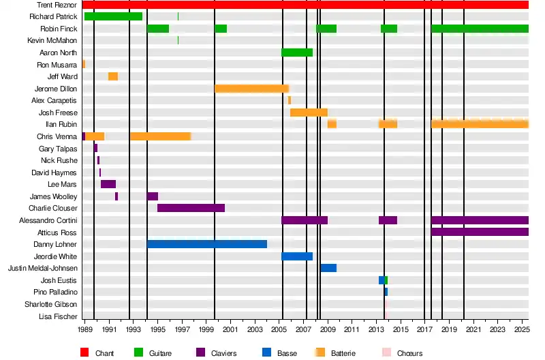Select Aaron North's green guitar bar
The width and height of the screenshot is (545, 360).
point(297,52)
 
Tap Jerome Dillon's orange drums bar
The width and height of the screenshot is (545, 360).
point(251,89)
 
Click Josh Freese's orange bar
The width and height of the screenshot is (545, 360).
point(309,112)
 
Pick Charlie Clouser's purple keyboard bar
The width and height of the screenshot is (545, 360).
point(191,208)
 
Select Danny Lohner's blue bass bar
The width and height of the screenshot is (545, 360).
point(207,244)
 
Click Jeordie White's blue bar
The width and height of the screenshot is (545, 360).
point(297,256)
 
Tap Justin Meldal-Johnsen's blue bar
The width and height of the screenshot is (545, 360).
point(328,268)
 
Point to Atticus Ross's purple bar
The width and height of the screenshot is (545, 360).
point(480,232)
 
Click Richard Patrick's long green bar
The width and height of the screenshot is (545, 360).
point(113,16)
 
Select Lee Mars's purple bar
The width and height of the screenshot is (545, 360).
point(108,184)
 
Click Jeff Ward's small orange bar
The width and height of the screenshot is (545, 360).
point(113,76)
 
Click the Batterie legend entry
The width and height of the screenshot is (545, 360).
point(342,353)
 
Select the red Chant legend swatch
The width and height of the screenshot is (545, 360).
point(84,352)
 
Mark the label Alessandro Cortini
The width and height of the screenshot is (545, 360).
point(48,220)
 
